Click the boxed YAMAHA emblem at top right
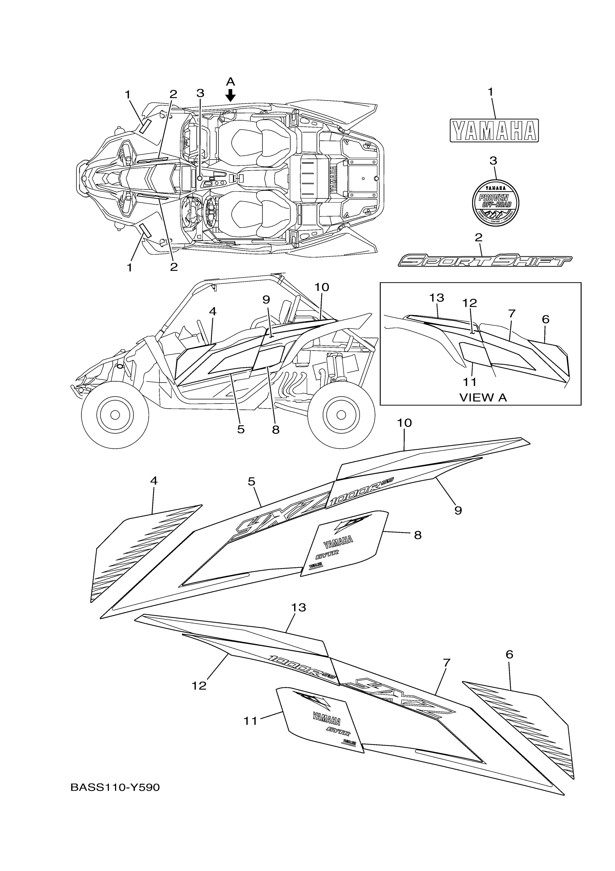[494, 131]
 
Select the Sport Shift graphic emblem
[485, 261]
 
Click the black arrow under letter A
[230, 95]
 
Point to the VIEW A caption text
[483, 398]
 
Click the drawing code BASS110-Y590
[115, 788]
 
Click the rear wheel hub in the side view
[341, 415]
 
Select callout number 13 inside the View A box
[437, 298]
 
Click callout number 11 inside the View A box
[470, 382]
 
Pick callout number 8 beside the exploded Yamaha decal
[417, 535]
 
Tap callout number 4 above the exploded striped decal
[153, 481]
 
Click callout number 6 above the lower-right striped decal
[509, 654]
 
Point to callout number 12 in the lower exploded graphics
[199, 686]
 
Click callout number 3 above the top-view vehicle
[200, 93]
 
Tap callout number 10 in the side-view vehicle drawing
[321, 287]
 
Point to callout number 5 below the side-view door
[241, 430]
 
